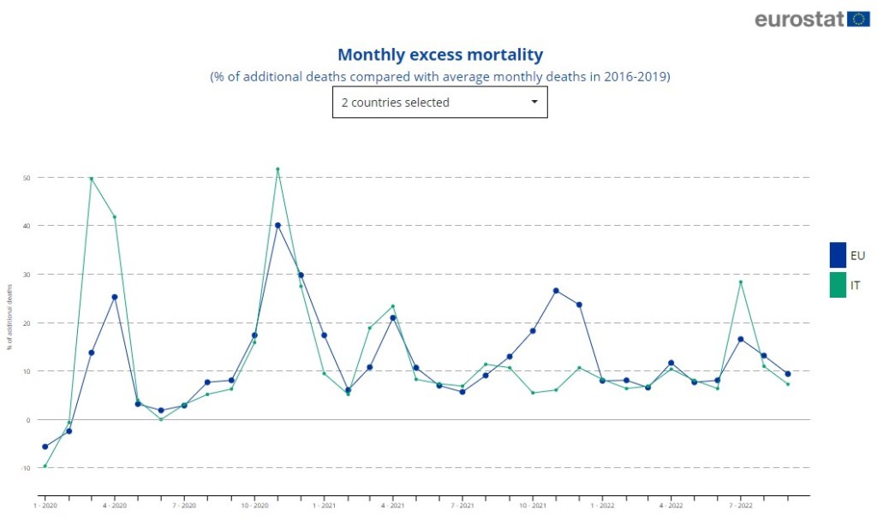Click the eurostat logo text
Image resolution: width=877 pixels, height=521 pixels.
[x=800, y=19]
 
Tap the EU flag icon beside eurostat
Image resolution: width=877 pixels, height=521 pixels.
[x=859, y=19]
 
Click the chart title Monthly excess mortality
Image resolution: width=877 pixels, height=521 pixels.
[x=440, y=55]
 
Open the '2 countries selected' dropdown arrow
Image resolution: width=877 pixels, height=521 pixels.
[x=534, y=102]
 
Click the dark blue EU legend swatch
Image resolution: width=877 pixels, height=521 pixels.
[x=838, y=255]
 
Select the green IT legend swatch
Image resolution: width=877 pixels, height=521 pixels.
[x=838, y=285]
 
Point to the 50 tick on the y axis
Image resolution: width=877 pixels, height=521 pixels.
[x=27, y=178]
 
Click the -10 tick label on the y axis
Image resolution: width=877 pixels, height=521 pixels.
[x=26, y=468]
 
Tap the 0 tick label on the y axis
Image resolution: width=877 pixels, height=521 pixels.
[x=28, y=420]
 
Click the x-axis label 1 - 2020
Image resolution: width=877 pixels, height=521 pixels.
[x=45, y=506]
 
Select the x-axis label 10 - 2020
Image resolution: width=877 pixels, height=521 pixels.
[x=254, y=506]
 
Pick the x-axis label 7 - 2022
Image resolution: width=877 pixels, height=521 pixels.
[x=741, y=506]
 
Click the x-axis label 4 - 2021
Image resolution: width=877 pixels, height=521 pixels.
[x=393, y=506]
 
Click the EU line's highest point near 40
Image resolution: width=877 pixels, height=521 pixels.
[x=277, y=226]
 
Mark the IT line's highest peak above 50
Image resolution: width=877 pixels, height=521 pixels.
[x=277, y=169]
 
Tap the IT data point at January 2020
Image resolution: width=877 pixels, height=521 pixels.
[x=45, y=466]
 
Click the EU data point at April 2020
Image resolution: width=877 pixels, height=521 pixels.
[x=115, y=297]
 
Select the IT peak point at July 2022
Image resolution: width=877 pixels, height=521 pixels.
[x=741, y=282]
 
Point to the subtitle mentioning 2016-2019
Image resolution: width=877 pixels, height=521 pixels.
[x=440, y=77]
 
